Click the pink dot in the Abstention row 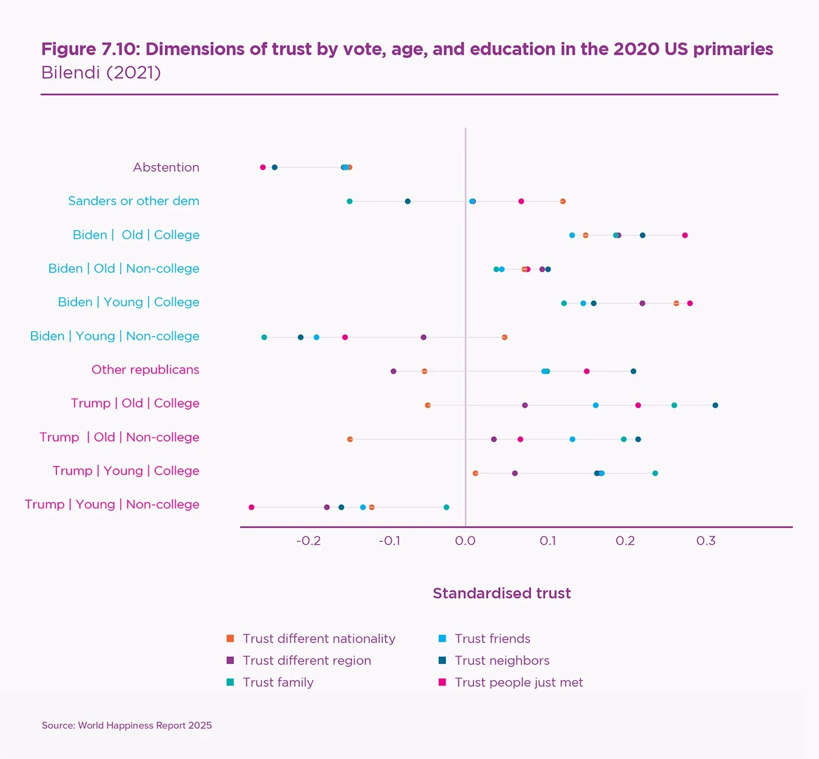pos(262,167)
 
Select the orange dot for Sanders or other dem pos(563,201)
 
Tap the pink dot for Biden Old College pos(685,235)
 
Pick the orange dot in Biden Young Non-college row pos(504,337)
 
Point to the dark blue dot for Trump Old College pos(715,405)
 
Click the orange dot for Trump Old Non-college pos(350,439)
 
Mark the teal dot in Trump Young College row pos(655,473)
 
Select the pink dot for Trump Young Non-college pos(252,507)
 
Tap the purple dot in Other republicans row pos(393,371)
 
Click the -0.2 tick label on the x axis pos(309,541)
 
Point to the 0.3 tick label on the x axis pos(706,541)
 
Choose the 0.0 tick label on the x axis pos(465,541)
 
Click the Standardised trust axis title pos(502,593)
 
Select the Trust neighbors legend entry pos(502,660)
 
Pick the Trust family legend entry pos(278,682)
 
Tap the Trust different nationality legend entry pos(319,638)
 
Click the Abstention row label pos(166,167)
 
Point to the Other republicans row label pos(145,369)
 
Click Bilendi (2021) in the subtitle pos(101,73)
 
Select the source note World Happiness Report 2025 pos(127,725)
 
